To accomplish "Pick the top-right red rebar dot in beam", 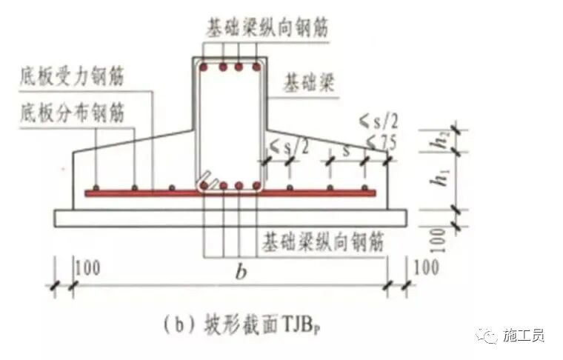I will [256, 68].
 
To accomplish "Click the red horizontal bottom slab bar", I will [230, 193].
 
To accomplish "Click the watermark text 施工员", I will [523, 336].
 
